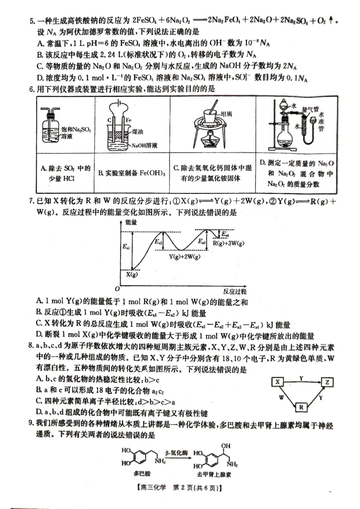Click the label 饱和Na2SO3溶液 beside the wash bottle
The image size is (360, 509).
76,132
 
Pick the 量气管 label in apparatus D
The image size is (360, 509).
310,108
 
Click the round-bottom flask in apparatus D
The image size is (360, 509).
286,140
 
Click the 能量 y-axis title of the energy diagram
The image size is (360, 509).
131,222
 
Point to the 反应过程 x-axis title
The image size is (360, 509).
234,291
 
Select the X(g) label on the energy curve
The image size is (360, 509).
131,274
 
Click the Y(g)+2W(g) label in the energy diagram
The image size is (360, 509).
184,256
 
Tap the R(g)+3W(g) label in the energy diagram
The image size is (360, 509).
228,243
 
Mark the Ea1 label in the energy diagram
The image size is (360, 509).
126,247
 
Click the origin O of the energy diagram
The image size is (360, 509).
117,288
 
